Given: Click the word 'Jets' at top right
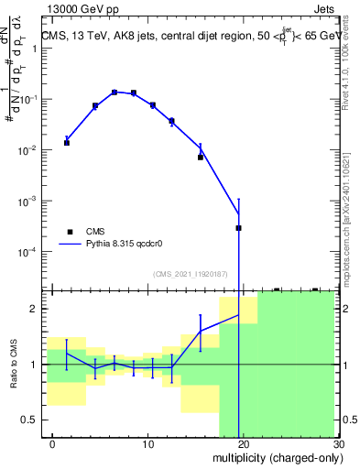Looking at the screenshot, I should tap(323, 10).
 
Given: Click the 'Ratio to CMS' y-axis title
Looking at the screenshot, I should tap(14, 365).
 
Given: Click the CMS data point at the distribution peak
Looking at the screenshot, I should tap(115, 93).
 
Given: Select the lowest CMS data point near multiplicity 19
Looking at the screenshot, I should tap(238, 228).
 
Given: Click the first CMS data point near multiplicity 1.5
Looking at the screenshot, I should tap(66, 143).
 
